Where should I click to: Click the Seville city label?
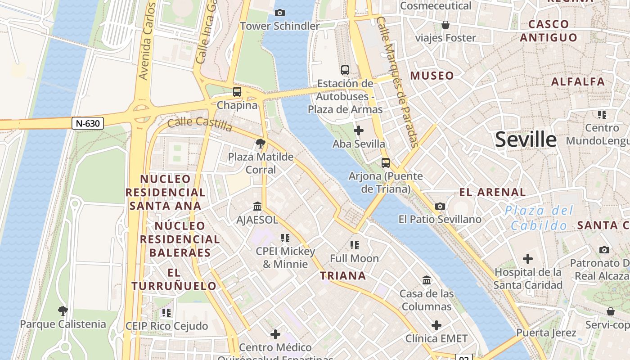point(526,139)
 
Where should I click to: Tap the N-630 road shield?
point(88,123)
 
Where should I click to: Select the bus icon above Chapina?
point(237,92)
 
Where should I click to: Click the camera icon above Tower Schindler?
point(279,13)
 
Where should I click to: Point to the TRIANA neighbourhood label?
point(343,276)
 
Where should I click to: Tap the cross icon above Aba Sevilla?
point(359,131)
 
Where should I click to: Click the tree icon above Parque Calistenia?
point(63,310)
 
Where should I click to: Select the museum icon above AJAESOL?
point(257,207)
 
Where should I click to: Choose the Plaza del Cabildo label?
point(539,218)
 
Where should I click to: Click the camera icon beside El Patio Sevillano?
point(440,206)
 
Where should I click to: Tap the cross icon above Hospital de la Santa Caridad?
point(528,259)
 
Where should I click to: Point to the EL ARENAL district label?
point(492,193)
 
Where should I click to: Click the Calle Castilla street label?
point(200,124)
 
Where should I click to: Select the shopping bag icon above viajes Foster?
point(445,24)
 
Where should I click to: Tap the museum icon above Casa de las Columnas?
point(427,280)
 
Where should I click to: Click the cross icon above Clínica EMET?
point(436,325)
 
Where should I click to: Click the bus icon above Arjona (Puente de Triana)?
point(386,162)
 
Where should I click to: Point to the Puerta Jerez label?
point(546,333)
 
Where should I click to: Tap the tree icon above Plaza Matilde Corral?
point(260,144)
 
